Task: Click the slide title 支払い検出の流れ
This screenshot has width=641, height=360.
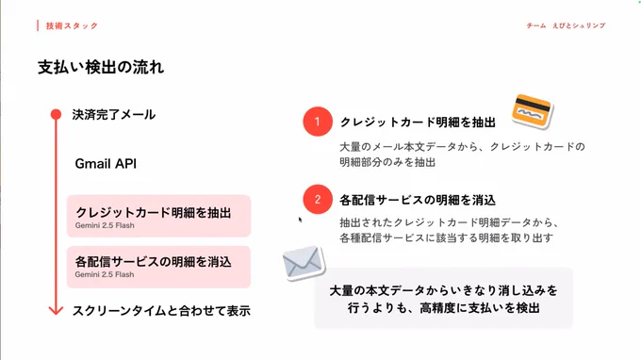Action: pyautogui.click(x=101, y=67)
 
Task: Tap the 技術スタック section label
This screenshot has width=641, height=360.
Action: pyautogui.click(x=72, y=25)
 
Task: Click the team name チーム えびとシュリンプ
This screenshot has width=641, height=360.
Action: pyautogui.click(x=566, y=25)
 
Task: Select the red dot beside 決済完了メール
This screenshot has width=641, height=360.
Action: pyautogui.click(x=56, y=114)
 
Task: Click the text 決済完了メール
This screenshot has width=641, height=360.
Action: pyautogui.click(x=114, y=114)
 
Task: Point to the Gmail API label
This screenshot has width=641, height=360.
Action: pyautogui.click(x=106, y=163)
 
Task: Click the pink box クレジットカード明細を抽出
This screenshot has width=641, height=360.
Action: pyautogui.click(x=158, y=216)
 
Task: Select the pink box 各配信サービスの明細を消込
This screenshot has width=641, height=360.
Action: pyautogui.click(x=158, y=267)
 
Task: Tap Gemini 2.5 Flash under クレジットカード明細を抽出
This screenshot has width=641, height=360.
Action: pyautogui.click(x=105, y=225)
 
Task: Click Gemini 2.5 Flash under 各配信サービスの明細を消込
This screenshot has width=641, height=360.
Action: pyautogui.click(x=105, y=274)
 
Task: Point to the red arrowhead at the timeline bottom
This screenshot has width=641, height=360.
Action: pyautogui.click(x=56, y=310)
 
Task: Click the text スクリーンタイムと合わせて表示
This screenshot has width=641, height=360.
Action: pyautogui.click(x=161, y=311)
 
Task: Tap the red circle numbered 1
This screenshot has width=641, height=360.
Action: pyautogui.click(x=318, y=122)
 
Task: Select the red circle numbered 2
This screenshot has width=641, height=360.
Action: pyautogui.click(x=318, y=200)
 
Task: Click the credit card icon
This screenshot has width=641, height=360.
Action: pyautogui.click(x=532, y=111)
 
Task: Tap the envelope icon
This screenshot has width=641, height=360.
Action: pyautogui.click(x=304, y=263)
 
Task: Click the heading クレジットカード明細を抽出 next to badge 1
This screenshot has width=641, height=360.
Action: pyautogui.click(x=418, y=122)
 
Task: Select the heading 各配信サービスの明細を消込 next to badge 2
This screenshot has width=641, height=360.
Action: pyautogui.click(x=418, y=200)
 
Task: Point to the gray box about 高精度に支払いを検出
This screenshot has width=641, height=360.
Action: pyautogui.click(x=444, y=298)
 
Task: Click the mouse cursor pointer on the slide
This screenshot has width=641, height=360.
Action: pyautogui.click(x=300, y=220)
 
